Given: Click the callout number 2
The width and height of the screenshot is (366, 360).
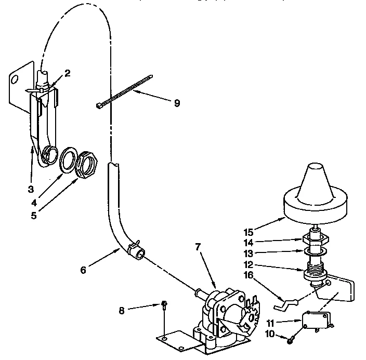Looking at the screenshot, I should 67,73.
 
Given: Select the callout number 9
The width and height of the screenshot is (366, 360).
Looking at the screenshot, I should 177,103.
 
